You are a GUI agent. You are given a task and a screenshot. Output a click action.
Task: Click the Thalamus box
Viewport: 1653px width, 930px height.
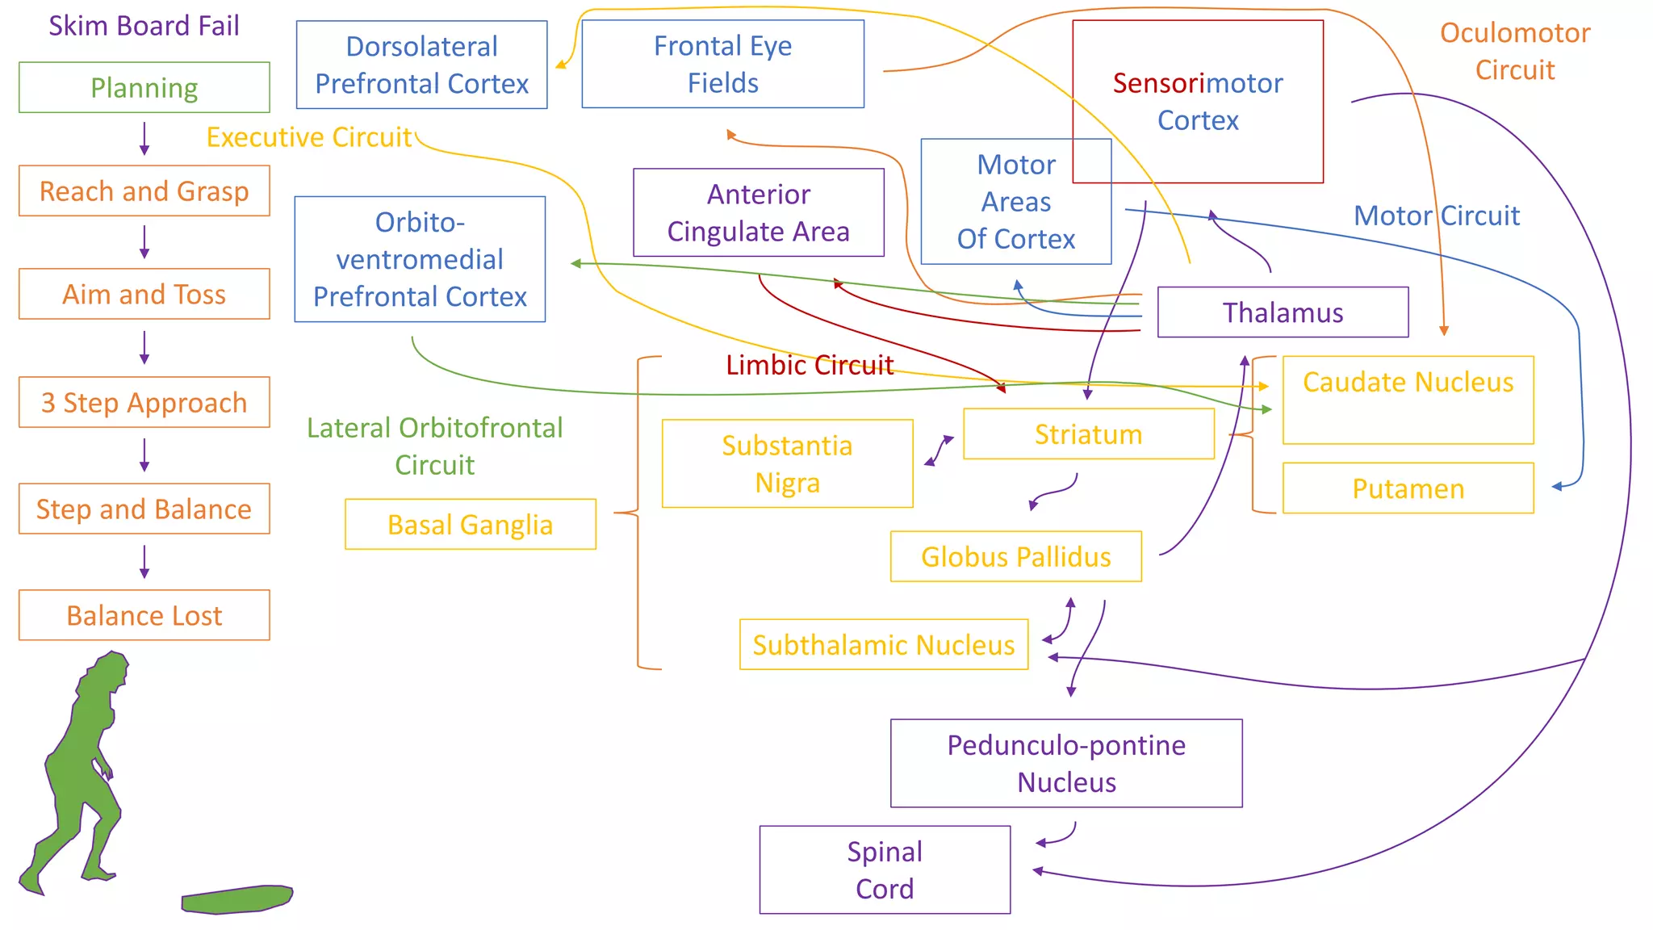(x=1282, y=312)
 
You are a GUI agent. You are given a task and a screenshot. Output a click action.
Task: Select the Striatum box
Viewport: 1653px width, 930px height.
(x=1088, y=434)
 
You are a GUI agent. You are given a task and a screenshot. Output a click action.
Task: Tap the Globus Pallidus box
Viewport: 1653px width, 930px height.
(x=1015, y=557)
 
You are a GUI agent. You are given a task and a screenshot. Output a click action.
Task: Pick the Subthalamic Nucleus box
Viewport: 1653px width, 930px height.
(x=883, y=645)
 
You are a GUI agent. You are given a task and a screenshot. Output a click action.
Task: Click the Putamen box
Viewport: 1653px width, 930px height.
(x=1408, y=488)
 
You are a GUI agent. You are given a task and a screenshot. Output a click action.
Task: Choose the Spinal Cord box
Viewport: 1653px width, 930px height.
(x=885, y=869)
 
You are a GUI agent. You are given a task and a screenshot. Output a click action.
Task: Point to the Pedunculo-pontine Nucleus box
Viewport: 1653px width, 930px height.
(x=1065, y=763)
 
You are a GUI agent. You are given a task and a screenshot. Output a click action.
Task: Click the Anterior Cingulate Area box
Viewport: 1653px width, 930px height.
(x=758, y=212)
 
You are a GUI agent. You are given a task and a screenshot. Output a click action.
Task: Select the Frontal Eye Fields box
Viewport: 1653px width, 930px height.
(x=722, y=64)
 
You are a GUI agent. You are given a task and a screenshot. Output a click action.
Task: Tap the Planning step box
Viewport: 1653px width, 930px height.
(x=144, y=87)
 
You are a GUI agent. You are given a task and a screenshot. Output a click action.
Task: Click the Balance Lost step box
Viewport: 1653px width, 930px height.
(x=144, y=615)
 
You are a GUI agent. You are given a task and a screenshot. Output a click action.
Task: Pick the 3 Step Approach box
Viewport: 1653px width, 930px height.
(x=144, y=402)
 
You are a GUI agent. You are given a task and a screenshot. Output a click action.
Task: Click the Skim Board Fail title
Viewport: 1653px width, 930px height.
(x=144, y=26)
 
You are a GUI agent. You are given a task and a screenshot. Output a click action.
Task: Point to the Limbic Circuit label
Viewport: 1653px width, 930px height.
(x=809, y=365)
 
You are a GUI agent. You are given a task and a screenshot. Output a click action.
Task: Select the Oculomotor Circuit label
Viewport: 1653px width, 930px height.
(x=1514, y=51)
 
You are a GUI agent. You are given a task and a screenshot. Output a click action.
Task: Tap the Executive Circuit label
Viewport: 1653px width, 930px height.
(x=308, y=137)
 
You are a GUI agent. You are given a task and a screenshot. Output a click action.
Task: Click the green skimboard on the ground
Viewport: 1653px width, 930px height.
(x=236, y=899)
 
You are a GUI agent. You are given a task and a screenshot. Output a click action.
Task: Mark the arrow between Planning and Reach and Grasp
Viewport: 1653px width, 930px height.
(x=144, y=139)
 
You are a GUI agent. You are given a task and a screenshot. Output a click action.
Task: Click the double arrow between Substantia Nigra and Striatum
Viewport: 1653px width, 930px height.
(x=939, y=450)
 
